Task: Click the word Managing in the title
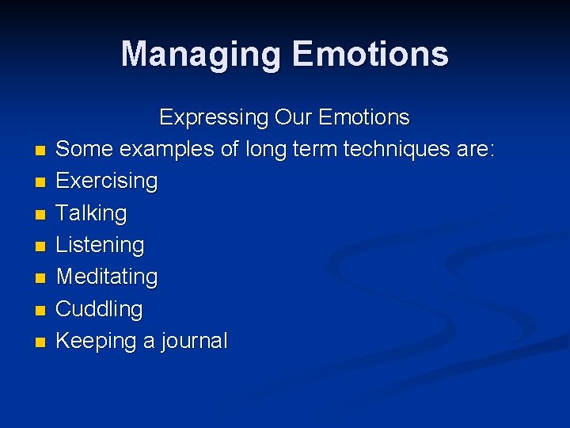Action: (202, 55)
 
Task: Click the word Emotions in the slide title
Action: (370, 55)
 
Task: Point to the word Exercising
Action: (107, 182)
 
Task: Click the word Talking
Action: (91, 213)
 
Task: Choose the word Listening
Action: (100, 246)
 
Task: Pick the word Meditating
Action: (107, 277)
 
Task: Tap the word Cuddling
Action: (99, 309)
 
